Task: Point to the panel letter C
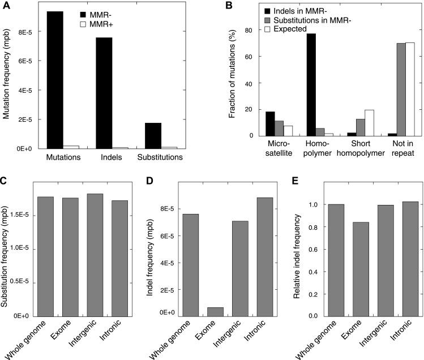(x=5, y=183)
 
